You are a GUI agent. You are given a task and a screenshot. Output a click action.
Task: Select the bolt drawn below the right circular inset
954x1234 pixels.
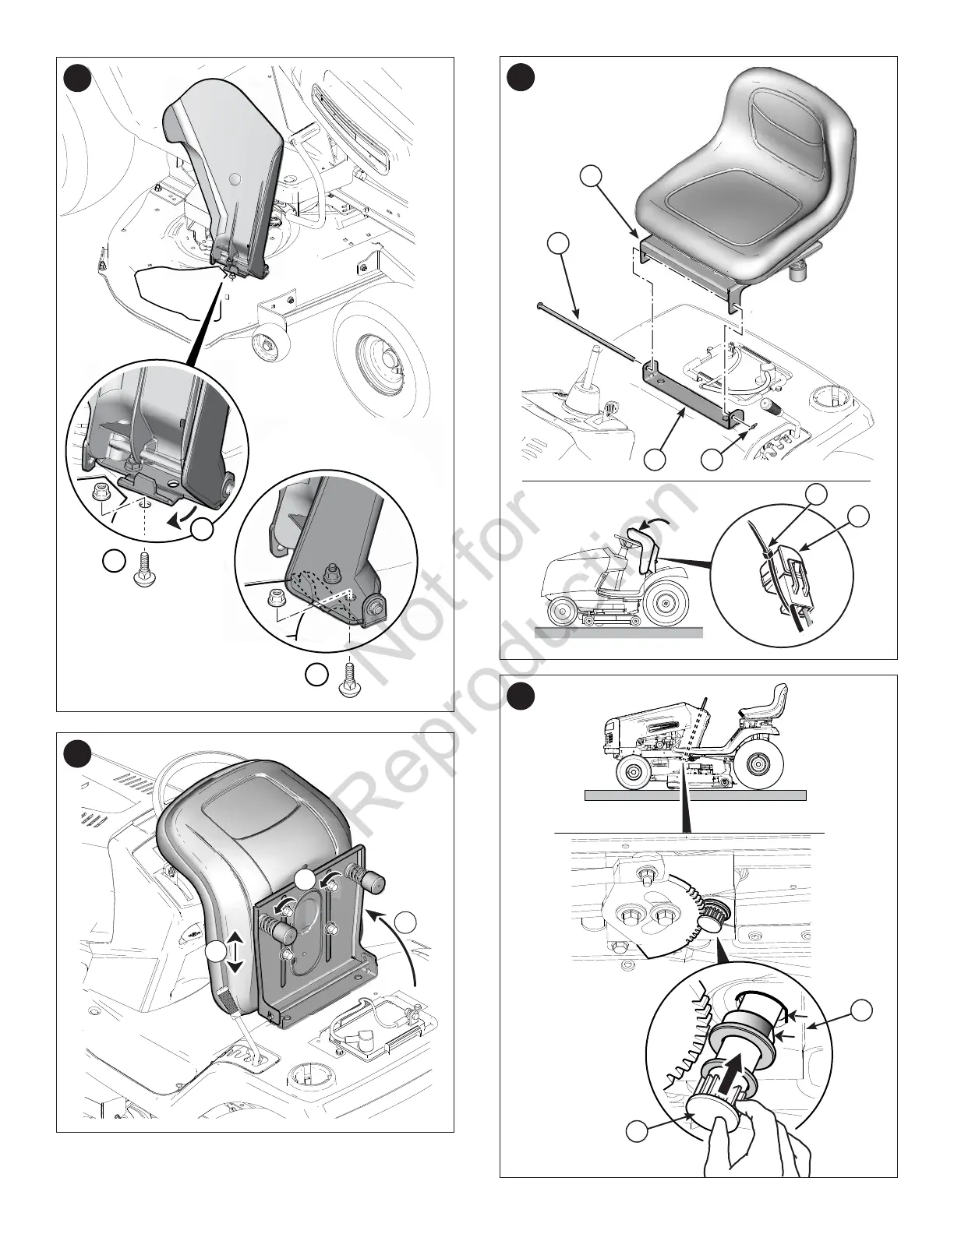[x=349, y=675]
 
